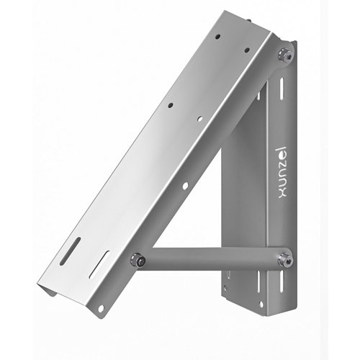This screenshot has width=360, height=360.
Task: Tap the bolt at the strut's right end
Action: coord(287,257)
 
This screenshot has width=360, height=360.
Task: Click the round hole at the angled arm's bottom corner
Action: coord(101,308)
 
